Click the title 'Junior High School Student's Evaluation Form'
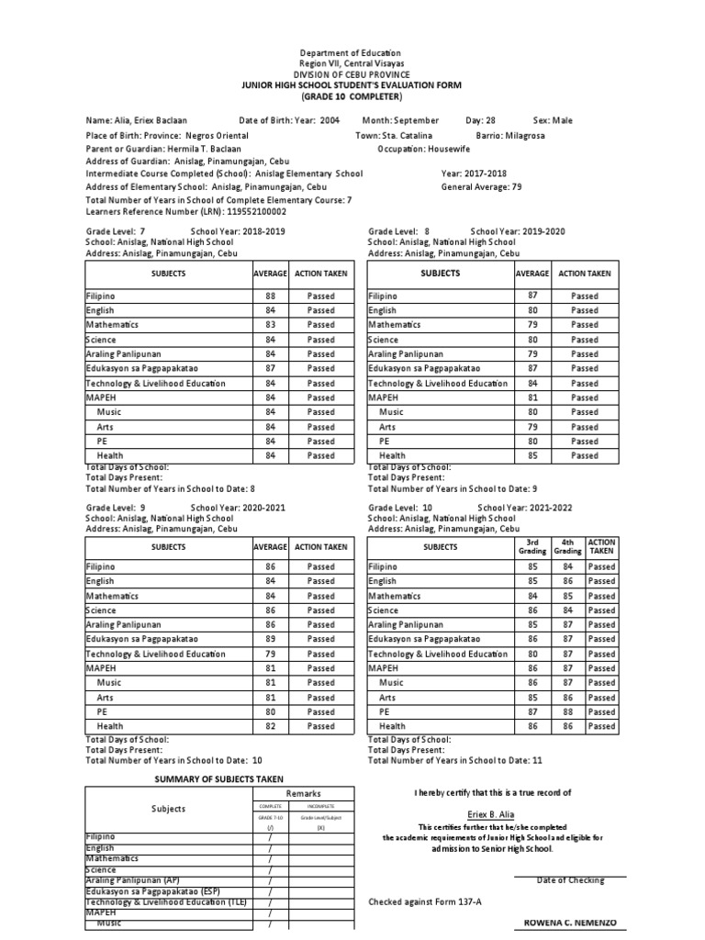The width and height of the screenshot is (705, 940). pyautogui.click(x=352, y=84)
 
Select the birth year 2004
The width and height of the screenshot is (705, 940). pyautogui.click(x=330, y=120)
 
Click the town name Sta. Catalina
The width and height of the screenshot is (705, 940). pyautogui.click(x=407, y=135)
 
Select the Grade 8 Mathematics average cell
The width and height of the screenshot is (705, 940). pyautogui.click(x=532, y=325)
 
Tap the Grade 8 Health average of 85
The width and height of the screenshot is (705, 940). pyautogui.click(x=532, y=455)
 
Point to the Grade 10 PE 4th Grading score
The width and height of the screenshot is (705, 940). pyautogui.click(x=567, y=711)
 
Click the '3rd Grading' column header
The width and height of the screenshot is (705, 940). pyautogui.click(x=532, y=547)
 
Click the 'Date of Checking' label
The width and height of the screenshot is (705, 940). pyautogui.click(x=570, y=880)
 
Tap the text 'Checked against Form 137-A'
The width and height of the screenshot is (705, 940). pyautogui.click(x=425, y=901)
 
